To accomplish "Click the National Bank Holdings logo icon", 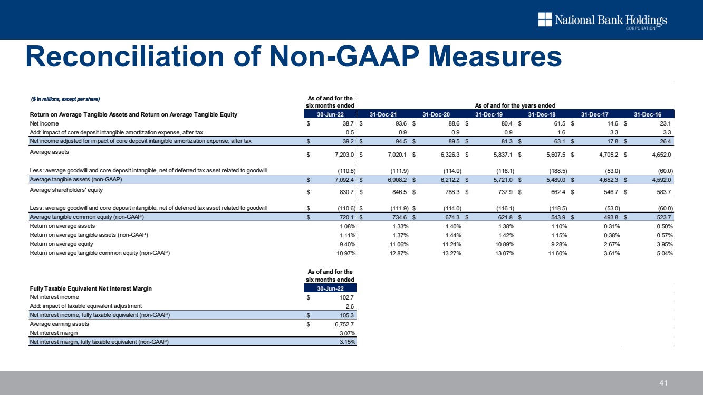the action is coord(545,20).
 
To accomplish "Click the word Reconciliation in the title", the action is coord(125,57).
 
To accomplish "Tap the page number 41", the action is coord(663,383).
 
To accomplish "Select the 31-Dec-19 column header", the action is coord(489,114).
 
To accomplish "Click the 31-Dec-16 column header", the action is coord(648,114).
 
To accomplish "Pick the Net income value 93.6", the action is coord(401,123).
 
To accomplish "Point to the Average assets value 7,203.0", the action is coord(344,155).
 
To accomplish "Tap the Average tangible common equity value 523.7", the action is coord(664,217).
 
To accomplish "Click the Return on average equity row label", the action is coord(61,244).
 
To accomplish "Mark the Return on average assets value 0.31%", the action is coord(612,226).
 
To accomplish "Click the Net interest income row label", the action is coord(54,297).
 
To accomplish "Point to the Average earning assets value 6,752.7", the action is coord(344,324).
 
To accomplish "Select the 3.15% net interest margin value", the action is coord(348,342).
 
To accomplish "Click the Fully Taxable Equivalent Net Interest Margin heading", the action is coord(91,288).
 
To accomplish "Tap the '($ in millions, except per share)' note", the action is coord(65,99).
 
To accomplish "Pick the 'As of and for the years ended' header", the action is coord(515,105).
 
